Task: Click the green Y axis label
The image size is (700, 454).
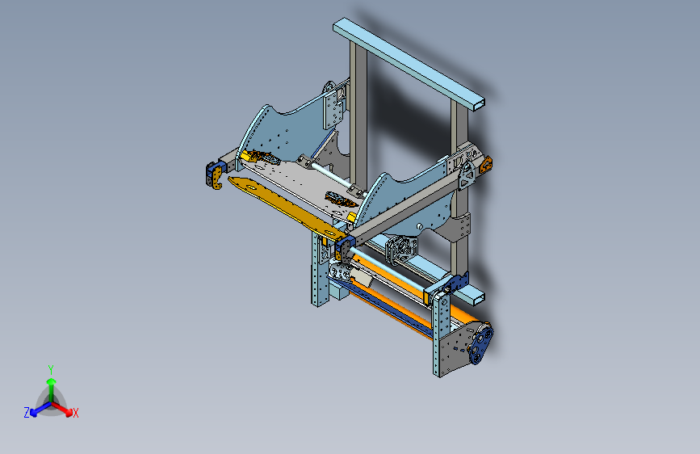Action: click(x=51, y=370)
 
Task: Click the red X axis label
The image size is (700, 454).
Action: click(x=75, y=413)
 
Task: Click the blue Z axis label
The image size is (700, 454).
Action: click(x=27, y=413)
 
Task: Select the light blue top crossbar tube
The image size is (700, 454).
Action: click(x=409, y=63)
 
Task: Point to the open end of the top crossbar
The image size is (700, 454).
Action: click(x=478, y=104)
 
